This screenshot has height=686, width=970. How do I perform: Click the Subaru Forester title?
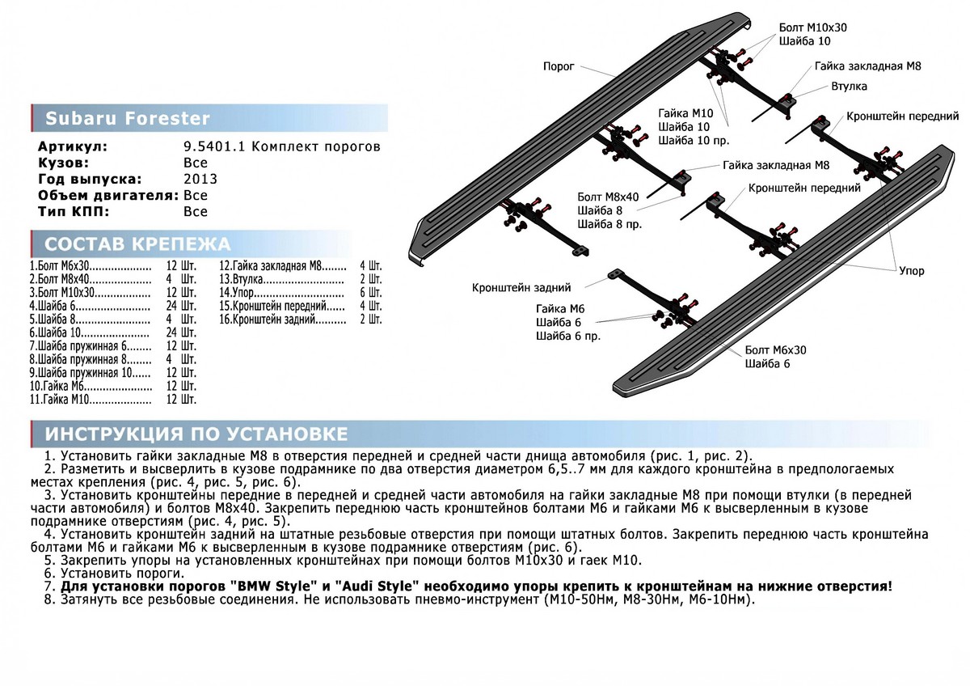(x=127, y=120)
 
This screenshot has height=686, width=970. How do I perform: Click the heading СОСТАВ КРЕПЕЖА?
(x=137, y=244)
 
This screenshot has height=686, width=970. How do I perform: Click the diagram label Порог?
(x=559, y=67)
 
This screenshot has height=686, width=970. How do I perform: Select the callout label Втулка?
(x=849, y=86)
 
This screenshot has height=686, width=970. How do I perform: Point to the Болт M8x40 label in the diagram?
(x=608, y=197)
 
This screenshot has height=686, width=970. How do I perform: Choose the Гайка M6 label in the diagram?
(x=554, y=309)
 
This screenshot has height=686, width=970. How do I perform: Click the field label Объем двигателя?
(x=108, y=195)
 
